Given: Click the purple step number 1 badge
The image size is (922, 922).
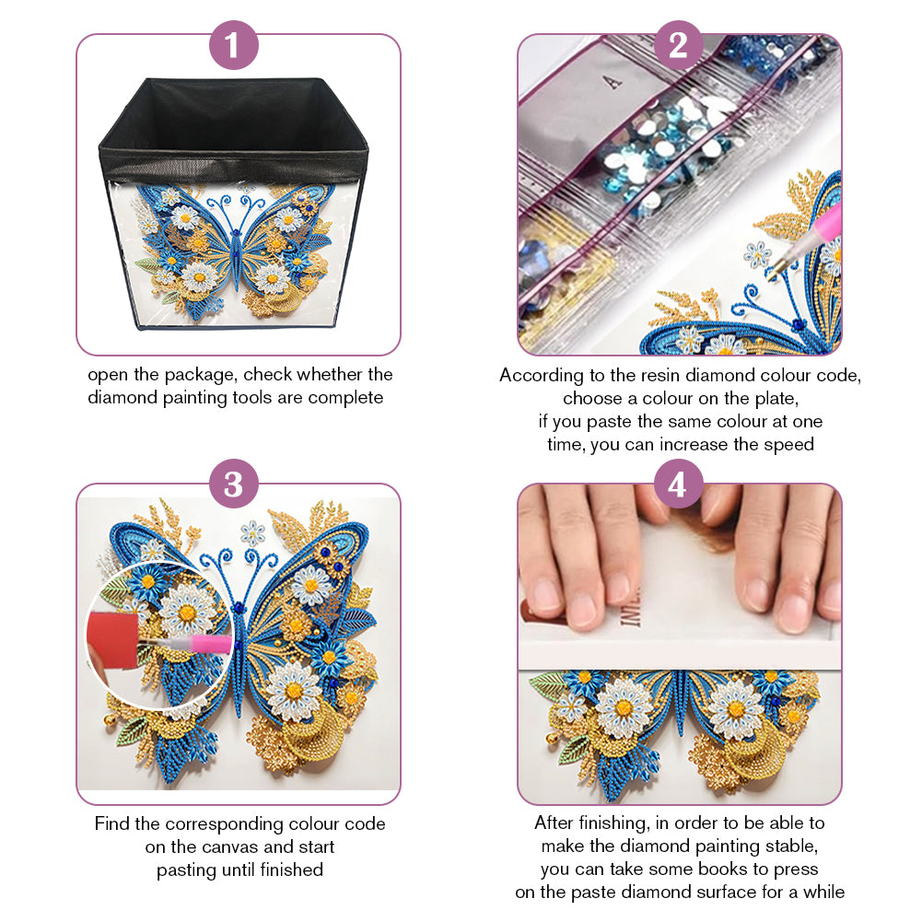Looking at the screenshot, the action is [x=233, y=45].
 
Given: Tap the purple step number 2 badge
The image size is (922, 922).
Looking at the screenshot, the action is [x=678, y=45].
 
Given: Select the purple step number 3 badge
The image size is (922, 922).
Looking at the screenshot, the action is [x=233, y=484].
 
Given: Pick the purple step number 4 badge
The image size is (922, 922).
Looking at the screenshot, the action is [x=678, y=484].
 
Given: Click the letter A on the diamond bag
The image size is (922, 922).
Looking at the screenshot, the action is [x=613, y=82].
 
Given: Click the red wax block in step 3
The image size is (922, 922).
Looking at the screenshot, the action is [x=113, y=639].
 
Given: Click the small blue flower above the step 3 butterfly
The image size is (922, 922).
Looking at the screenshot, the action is [x=253, y=533].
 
